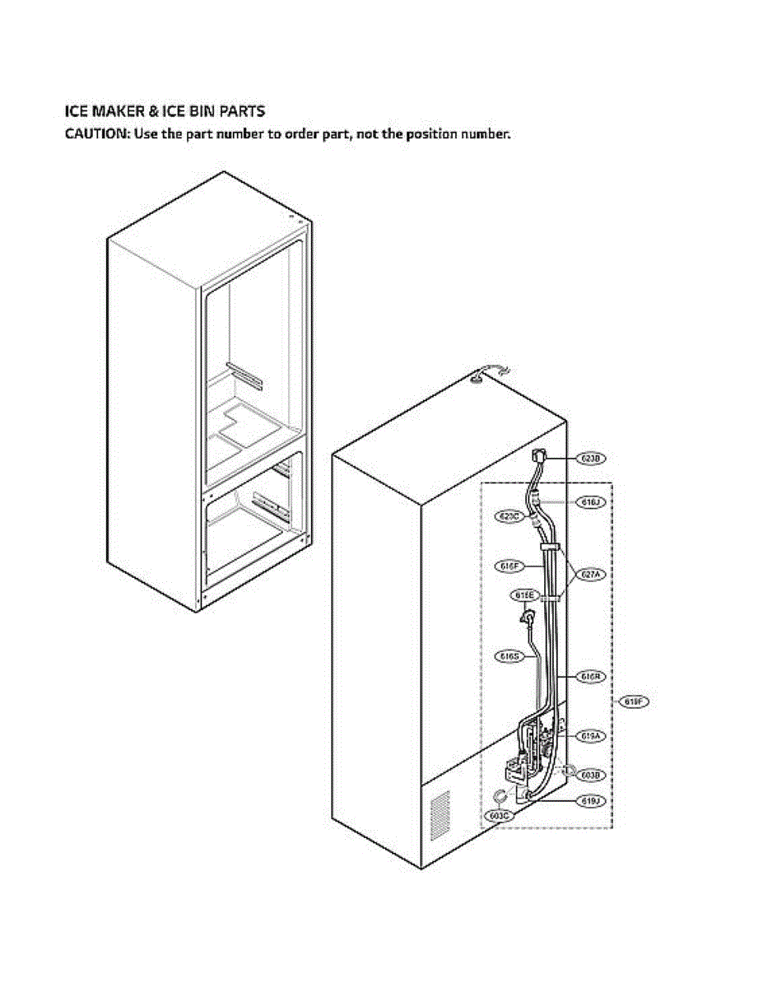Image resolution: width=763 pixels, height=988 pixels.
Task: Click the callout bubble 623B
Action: pos(589,458)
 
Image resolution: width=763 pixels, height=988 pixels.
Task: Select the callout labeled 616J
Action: pos(589,501)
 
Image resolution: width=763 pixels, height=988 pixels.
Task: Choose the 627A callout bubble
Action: pos(589,576)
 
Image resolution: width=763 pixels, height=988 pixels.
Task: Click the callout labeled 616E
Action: pos(525,594)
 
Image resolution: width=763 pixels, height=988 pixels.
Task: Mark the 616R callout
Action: pos(589,677)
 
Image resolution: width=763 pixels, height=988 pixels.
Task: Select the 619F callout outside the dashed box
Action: pos(635,701)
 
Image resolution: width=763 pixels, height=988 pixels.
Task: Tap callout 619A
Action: pos(589,735)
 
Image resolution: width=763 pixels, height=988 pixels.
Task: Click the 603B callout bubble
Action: pos(589,775)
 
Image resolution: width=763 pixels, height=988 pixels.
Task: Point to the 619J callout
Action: pos(589,800)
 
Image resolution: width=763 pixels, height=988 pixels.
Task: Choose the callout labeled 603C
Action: pos(497,816)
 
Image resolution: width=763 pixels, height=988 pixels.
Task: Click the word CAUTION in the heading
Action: pos(95,133)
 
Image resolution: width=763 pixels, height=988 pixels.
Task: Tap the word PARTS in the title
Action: pos(242,110)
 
